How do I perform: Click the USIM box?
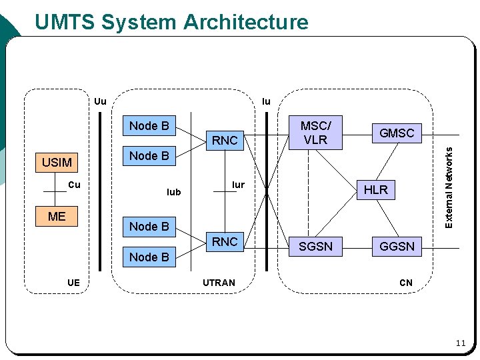coord(57,162)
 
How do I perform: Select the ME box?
coord(57,216)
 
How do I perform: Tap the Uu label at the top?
coord(100,102)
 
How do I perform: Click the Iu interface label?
coord(266,102)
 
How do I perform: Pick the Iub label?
coord(173,192)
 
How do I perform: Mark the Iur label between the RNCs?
coord(238,184)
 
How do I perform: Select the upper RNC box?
coord(225,140)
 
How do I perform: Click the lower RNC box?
coord(225,242)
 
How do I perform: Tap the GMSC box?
coord(397,133)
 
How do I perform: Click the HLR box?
coord(376,189)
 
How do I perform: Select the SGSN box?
coord(316,246)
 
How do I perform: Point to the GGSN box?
coord(397,246)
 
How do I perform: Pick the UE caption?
coord(73,283)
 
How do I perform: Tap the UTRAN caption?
coord(219,283)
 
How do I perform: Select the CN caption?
coord(406,283)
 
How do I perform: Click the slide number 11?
coord(460,343)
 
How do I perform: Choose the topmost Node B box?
coord(149,126)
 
